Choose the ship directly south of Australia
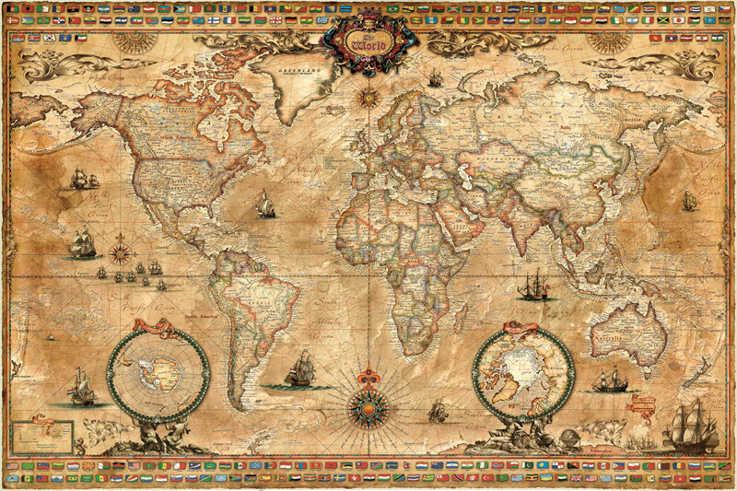click(609, 379)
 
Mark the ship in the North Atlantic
click(265, 204)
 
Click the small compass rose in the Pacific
click(121, 251)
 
